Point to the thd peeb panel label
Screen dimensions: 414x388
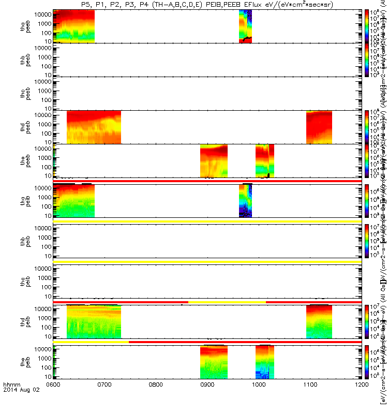pos(24,127)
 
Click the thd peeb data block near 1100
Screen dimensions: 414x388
pos(319,127)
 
